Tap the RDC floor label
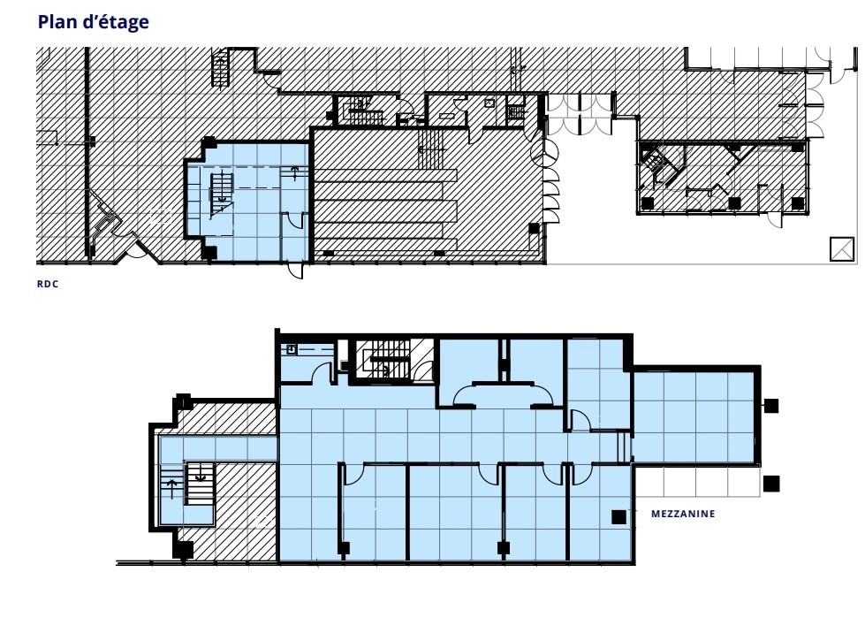[x=47, y=285]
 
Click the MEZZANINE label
[x=683, y=514]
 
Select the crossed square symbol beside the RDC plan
[x=842, y=249]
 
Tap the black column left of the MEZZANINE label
[x=619, y=517]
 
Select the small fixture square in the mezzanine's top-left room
[x=291, y=349]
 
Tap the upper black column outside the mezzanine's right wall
[x=771, y=406]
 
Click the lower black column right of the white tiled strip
[x=771, y=484]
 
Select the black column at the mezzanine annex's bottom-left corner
[x=183, y=550]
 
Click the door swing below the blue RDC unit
[x=296, y=270]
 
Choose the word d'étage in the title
[x=120, y=22]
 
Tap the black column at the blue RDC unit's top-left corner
[x=209, y=143]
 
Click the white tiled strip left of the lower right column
[x=695, y=481]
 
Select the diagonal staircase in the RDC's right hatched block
[x=655, y=162]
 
